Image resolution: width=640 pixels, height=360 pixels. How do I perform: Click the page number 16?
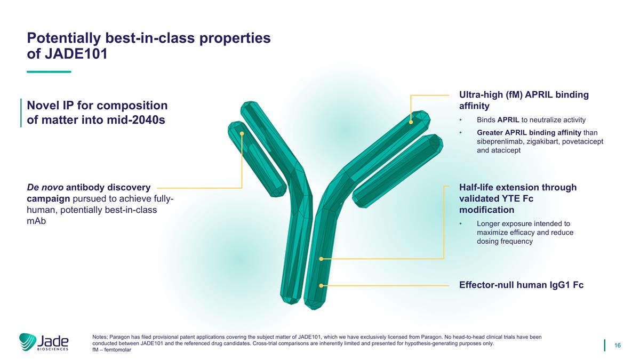(618, 346)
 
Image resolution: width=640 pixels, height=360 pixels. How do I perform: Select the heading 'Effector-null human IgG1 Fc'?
(521, 285)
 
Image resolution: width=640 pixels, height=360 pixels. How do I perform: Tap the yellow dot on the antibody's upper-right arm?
(411, 122)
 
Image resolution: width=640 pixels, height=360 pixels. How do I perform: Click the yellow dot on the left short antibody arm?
(242, 133)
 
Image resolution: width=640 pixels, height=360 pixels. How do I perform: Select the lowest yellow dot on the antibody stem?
(321, 285)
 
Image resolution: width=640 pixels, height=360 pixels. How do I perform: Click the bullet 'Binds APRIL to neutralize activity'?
(524, 119)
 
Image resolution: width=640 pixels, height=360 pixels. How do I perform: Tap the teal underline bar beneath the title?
(49, 71)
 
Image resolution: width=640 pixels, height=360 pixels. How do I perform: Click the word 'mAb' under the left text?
(36, 221)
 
